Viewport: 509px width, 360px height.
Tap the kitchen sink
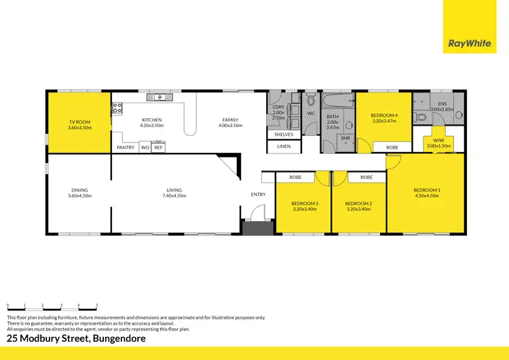click(x=160, y=97)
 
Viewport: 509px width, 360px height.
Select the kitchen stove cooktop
click(x=117, y=107)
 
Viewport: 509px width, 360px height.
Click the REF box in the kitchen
click(x=158, y=147)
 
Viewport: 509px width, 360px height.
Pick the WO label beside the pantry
click(x=145, y=147)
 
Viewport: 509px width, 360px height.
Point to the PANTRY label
click(x=126, y=147)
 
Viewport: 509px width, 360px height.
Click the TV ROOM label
click(x=79, y=122)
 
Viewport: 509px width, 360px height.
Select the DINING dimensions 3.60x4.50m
click(x=79, y=196)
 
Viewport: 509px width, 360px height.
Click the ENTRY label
click(x=259, y=194)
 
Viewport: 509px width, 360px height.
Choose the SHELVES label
click(x=284, y=134)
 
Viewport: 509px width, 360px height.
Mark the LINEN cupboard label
click(x=284, y=146)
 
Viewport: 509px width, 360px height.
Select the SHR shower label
click(x=345, y=138)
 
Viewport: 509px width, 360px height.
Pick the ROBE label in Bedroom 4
click(x=392, y=147)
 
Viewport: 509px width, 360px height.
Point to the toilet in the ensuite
click(x=421, y=117)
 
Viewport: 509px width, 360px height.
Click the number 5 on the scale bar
click(x=97, y=305)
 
